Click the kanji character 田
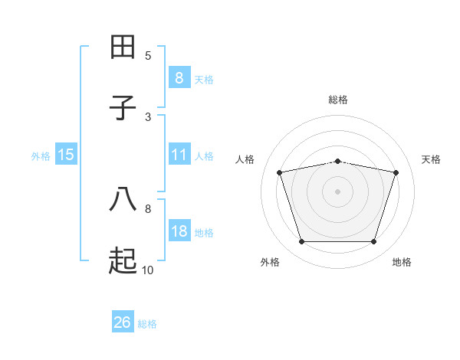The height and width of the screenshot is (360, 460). (x=123, y=47)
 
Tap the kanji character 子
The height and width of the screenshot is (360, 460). (x=123, y=108)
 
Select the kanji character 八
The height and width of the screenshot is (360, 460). (x=123, y=200)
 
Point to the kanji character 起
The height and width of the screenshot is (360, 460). (x=123, y=261)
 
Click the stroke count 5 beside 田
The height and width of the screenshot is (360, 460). (x=148, y=55)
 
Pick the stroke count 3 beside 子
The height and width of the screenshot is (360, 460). (x=148, y=116)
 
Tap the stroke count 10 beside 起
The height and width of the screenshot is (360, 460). (x=148, y=270)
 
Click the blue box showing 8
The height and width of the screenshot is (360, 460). (x=179, y=77)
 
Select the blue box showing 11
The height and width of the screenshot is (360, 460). (x=179, y=155)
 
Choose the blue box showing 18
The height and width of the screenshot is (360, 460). (x=179, y=231)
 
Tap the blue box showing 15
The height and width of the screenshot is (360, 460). (x=66, y=155)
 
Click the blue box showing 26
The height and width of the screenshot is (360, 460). (x=123, y=322)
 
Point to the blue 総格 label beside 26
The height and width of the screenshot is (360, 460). (x=147, y=324)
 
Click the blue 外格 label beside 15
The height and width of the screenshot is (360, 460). (x=41, y=155)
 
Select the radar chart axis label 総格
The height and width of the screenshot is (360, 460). (x=338, y=100)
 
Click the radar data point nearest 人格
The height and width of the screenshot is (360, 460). (x=280, y=172)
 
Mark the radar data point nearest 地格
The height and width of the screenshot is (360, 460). (x=373, y=242)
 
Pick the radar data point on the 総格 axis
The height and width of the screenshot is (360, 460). (x=338, y=161)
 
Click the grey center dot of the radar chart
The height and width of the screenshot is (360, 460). (x=338, y=191)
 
